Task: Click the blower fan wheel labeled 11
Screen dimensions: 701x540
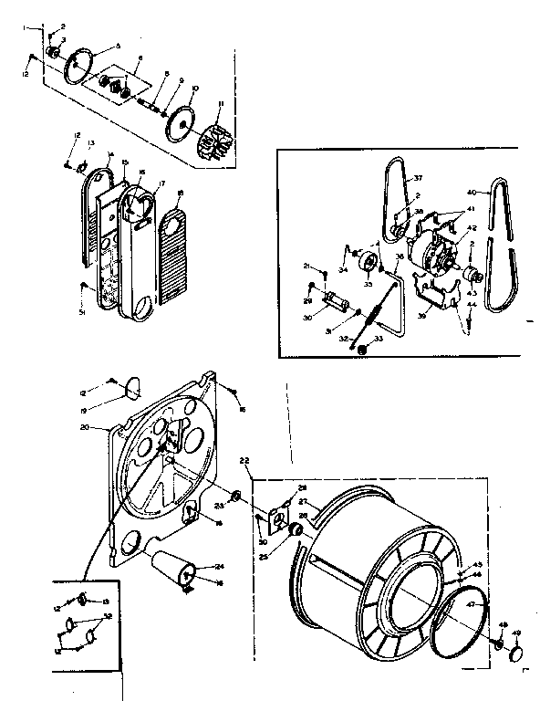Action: [x=215, y=141]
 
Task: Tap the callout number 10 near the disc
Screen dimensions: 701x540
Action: [x=193, y=89]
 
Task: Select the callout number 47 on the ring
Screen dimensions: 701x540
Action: [x=471, y=604]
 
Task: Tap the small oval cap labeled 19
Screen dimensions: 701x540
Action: [x=133, y=388]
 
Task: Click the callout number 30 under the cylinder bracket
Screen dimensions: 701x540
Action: [x=307, y=319]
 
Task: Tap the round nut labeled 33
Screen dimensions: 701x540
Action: [x=363, y=349]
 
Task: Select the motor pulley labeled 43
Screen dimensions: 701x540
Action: [x=471, y=276]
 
